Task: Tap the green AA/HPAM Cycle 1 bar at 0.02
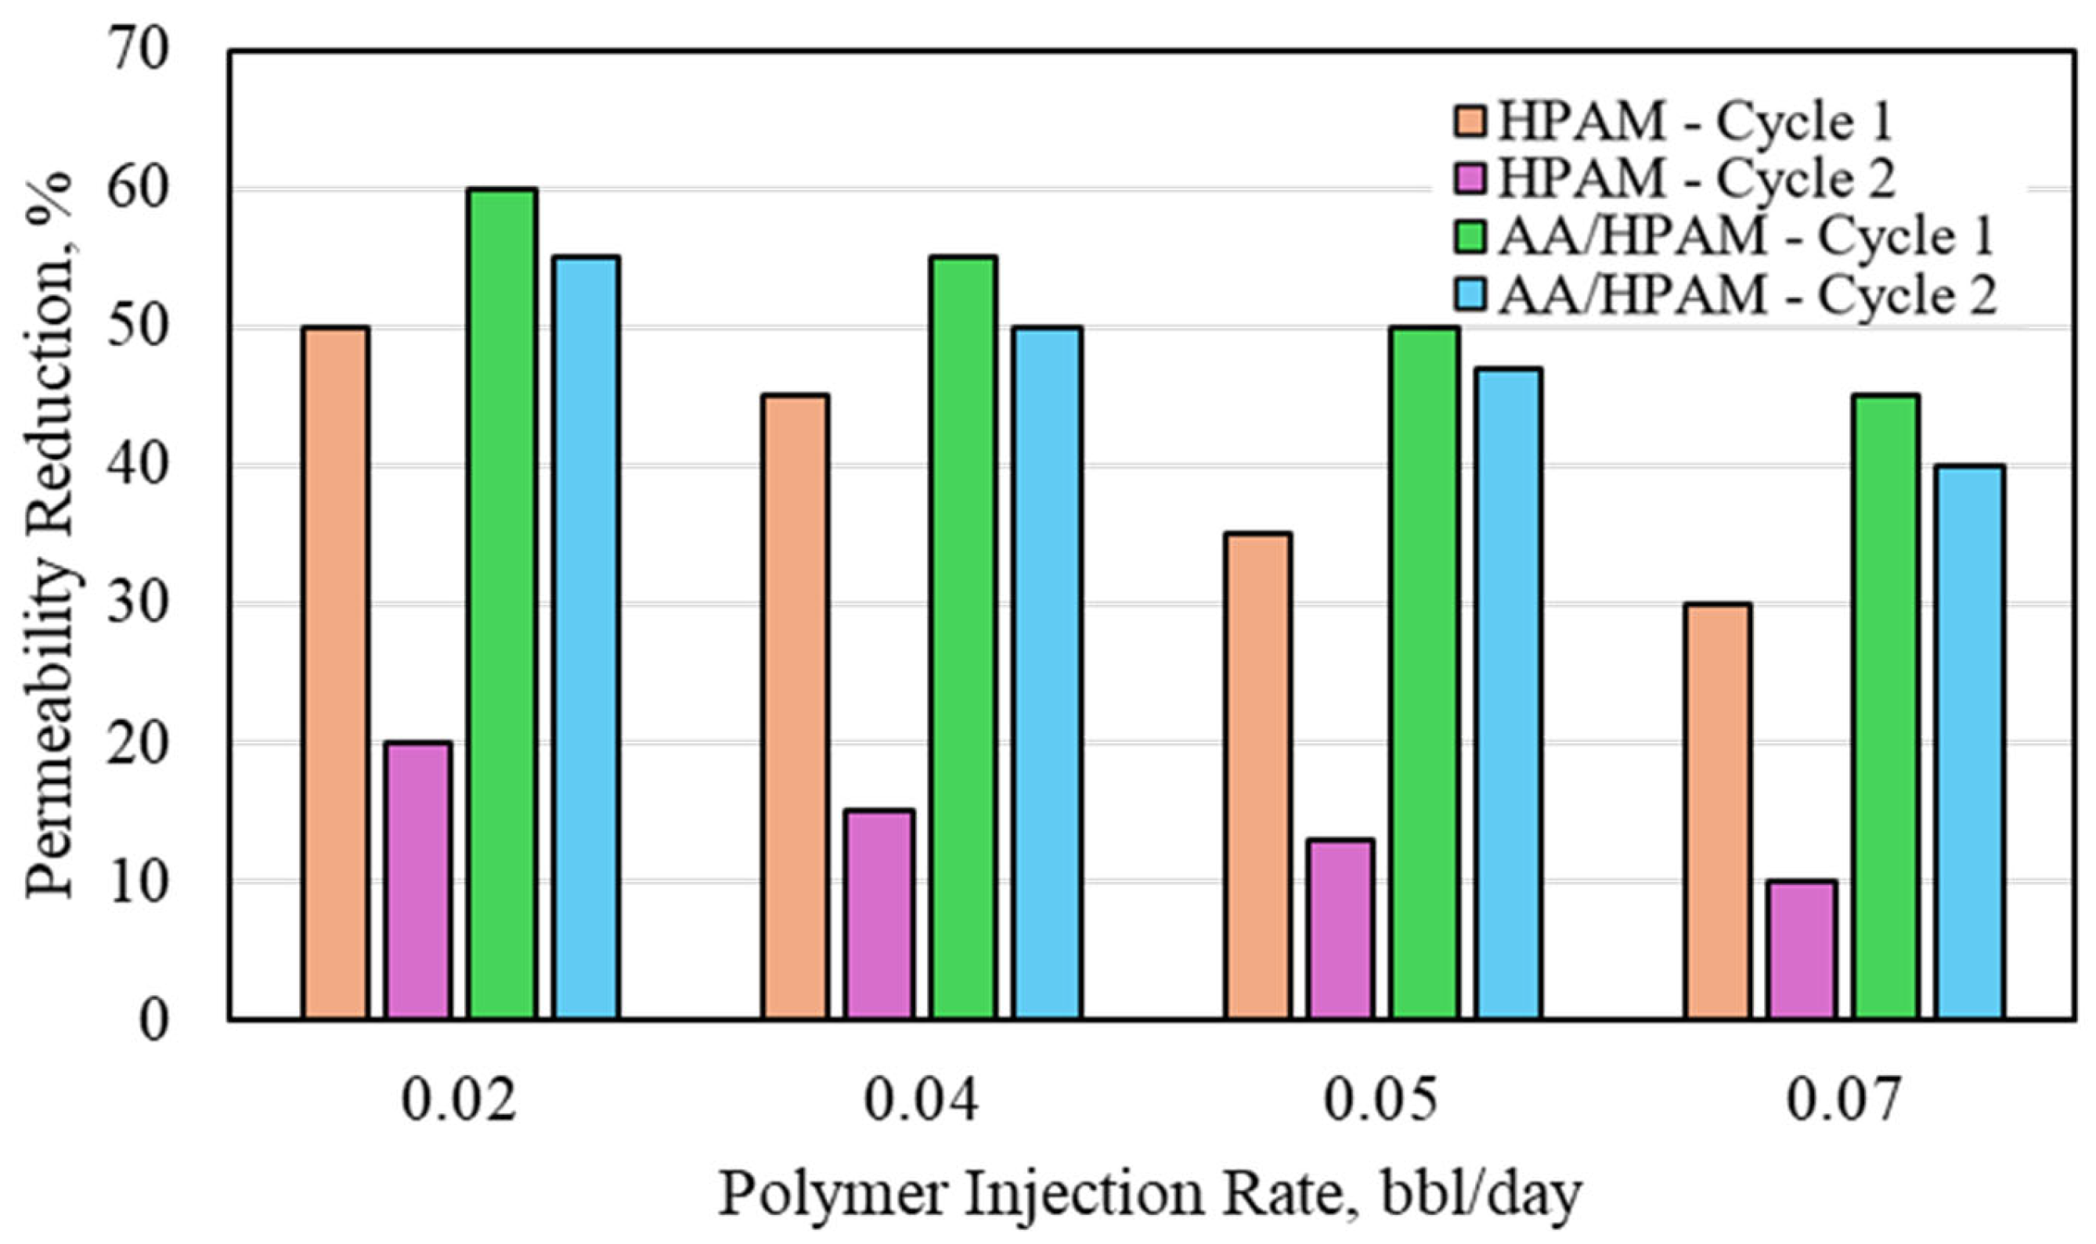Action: coord(503,603)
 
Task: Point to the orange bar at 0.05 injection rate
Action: coord(1257,775)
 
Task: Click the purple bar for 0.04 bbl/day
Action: coord(879,915)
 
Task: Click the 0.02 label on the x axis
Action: coord(458,1101)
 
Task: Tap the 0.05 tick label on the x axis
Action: coord(1380,1101)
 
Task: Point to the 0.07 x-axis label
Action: coord(1842,1101)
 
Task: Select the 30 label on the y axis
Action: coord(137,603)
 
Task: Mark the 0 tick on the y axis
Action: coord(153,1020)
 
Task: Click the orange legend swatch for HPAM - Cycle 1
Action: coord(1469,120)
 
